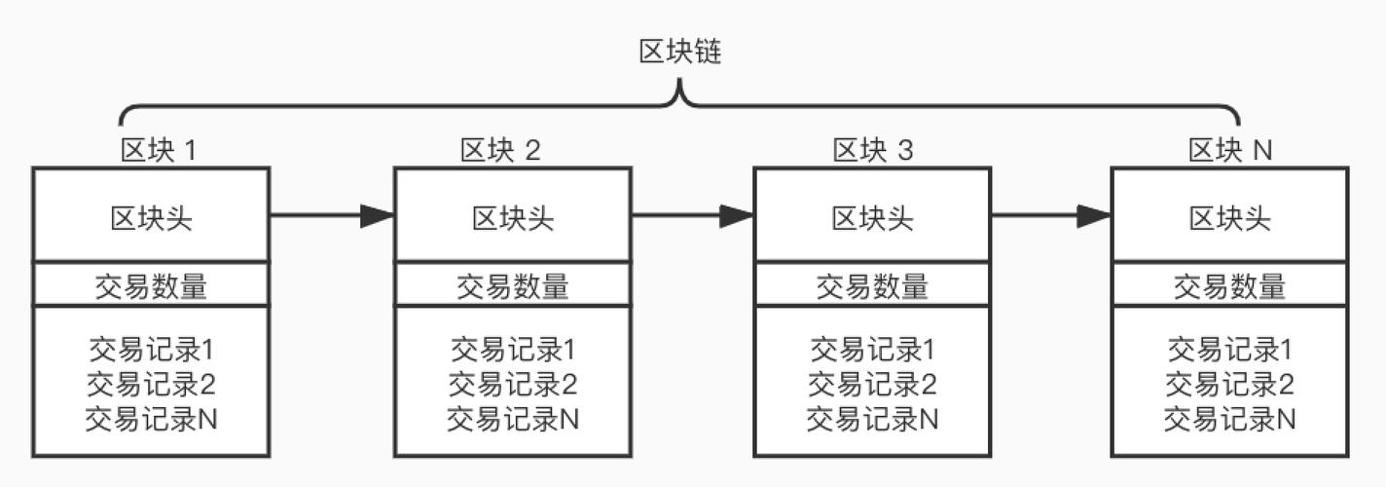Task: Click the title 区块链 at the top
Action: [x=679, y=53]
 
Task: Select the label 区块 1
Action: [x=158, y=150]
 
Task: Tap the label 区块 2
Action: [x=500, y=150]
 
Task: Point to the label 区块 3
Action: [x=873, y=150]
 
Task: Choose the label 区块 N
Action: [x=1230, y=150]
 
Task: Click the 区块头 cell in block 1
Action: [x=151, y=217]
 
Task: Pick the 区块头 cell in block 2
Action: [x=513, y=217]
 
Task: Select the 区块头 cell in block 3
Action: [x=872, y=217]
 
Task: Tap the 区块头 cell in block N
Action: [x=1230, y=217]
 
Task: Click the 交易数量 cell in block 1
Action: [x=151, y=285]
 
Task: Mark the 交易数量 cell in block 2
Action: [x=513, y=285]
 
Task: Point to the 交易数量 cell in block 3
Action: [x=872, y=285]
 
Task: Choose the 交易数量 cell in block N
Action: [x=1230, y=285]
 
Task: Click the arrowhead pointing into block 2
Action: [x=377, y=215]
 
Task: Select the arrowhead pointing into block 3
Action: [x=737, y=215]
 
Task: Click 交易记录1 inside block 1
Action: [x=151, y=349]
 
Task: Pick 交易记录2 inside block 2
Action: [x=513, y=384]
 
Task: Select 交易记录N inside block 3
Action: [x=872, y=419]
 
